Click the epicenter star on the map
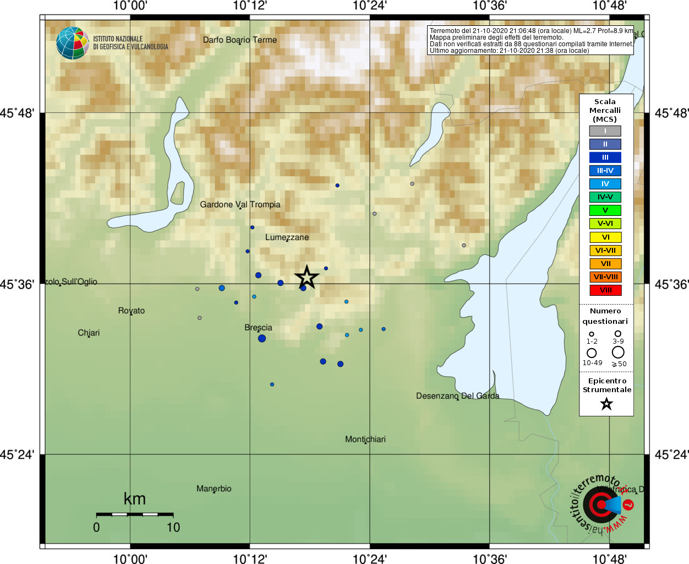click(307, 277)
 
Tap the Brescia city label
click(258, 327)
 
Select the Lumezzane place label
click(287, 237)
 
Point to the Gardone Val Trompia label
click(240, 204)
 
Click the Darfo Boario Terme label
click(239, 40)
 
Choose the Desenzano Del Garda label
click(457, 395)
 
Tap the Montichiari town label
click(365, 439)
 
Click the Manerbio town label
click(214, 489)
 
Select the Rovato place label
click(131, 311)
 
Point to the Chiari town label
click(89, 333)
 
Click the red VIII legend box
click(605, 290)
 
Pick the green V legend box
click(605, 210)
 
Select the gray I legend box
click(605, 131)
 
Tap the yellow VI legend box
click(605, 237)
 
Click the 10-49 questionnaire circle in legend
click(592, 353)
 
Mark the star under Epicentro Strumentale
click(606, 404)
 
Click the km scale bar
click(135, 514)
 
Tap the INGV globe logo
click(72, 43)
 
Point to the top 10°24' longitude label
click(369, 6)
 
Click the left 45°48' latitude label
click(18, 113)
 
